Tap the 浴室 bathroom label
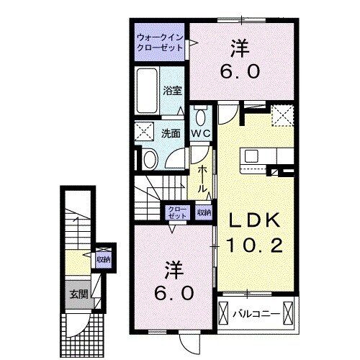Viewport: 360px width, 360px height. click(171, 91)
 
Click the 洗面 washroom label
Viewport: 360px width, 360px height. click(171, 133)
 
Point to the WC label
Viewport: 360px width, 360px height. click(200, 134)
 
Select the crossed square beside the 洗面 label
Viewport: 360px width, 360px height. click(145, 132)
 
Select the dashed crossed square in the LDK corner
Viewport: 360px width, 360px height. click(281, 113)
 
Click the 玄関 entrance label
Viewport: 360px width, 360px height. click(78, 294)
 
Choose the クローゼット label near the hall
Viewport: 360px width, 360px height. click(176, 212)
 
